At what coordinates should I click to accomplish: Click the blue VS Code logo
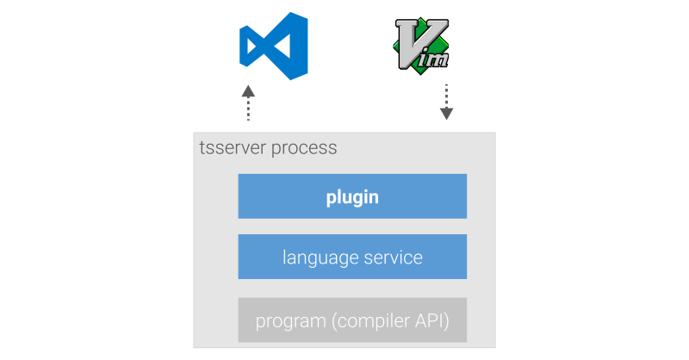tap(274, 46)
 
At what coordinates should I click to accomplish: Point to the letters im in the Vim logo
tap(436, 57)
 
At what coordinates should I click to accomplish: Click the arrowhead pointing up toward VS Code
tap(248, 90)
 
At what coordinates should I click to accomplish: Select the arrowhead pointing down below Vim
tap(446, 113)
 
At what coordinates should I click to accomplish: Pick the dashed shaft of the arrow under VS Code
tap(248, 110)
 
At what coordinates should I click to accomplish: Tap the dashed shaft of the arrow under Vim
tap(446, 94)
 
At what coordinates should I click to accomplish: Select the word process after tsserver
tap(304, 147)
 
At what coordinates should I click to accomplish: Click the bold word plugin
tap(352, 197)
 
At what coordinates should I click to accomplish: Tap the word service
tap(391, 258)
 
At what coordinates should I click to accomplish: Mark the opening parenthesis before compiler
tap(333, 324)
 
